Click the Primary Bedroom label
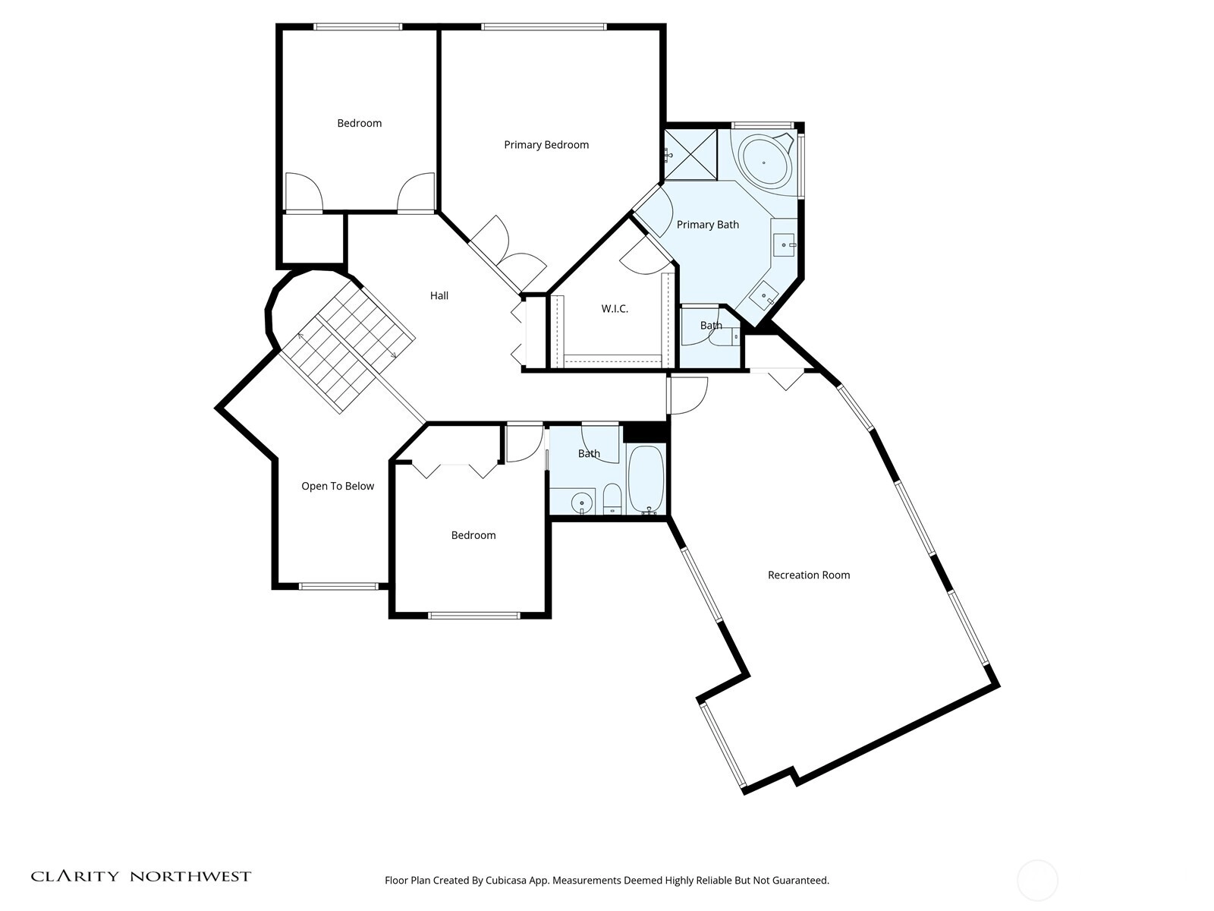[x=546, y=145]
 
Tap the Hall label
[x=439, y=295]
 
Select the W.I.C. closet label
[x=615, y=309]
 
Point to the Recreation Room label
[x=809, y=575]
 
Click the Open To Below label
[x=338, y=486]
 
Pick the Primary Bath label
[x=707, y=225]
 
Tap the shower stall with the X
[x=690, y=154]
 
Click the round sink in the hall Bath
[x=582, y=503]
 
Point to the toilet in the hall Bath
[x=612, y=498]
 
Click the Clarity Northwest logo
[x=140, y=877]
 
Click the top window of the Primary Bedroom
[x=544, y=27]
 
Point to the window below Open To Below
[x=338, y=586]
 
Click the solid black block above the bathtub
[x=646, y=433]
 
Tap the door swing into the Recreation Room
[x=688, y=396]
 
